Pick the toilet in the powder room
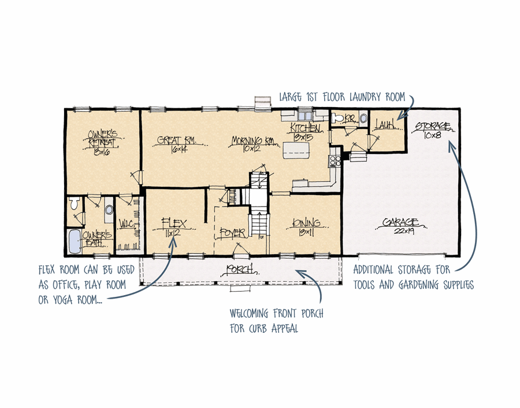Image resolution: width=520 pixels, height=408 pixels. (x=363, y=118)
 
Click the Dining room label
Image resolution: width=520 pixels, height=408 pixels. (x=306, y=223)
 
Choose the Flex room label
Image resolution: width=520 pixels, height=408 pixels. (x=173, y=222)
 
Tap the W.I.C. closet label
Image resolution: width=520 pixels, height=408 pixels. (x=127, y=223)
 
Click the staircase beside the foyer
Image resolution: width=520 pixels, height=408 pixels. (x=259, y=223)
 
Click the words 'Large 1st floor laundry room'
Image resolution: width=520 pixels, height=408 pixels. (x=342, y=97)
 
